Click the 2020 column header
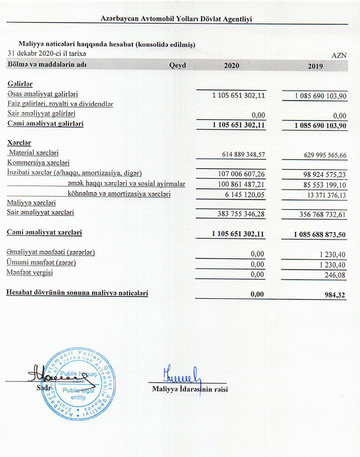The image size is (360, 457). [232, 66]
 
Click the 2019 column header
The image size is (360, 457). [316, 66]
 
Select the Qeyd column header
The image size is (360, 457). [177, 65]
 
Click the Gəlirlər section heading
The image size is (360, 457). [20, 84]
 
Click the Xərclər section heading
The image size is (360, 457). [19, 143]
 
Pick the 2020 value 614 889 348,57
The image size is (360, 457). [243, 154]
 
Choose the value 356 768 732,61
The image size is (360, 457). [318, 215]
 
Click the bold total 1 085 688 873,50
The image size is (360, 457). [320, 234]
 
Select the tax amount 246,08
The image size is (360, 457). [337, 274]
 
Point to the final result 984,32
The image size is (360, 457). [336, 295]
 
